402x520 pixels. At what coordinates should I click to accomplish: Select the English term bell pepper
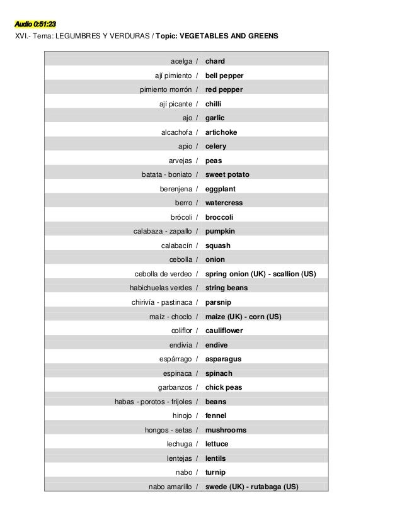pos(224,76)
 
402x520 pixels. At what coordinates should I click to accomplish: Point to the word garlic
pos(215,118)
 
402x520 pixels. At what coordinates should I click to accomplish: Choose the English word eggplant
pos(221,189)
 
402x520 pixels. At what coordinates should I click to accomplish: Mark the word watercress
pos(224,203)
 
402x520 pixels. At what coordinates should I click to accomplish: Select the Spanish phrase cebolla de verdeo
pos(163,274)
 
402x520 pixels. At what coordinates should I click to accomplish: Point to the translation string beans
pos(226,288)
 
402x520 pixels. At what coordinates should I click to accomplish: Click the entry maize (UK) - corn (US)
pos(243,316)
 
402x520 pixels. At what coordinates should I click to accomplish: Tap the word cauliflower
pos(224,331)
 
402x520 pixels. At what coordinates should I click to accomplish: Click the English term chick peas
pos(224,387)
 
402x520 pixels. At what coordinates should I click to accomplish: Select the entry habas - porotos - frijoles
pos(153,402)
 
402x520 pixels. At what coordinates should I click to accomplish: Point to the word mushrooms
pos(226,430)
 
